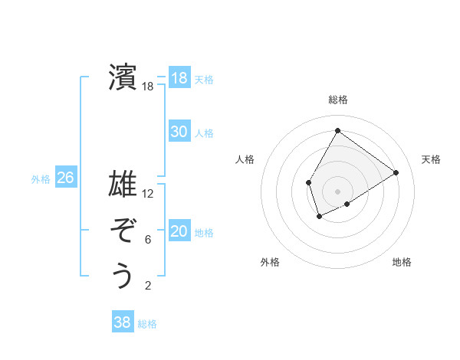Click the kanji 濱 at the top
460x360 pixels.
click(122, 77)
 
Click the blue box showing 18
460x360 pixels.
click(179, 78)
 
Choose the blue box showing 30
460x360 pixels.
click(179, 132)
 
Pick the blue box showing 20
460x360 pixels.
click(179, 231)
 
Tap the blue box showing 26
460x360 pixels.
click(65, 178)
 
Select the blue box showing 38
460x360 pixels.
click(122, 322)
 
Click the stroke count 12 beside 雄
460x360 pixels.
click(148, 194)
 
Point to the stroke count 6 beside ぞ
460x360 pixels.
click(148, 240)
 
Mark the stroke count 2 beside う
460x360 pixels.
click(148, 286)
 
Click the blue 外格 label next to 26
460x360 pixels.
click(41, 179)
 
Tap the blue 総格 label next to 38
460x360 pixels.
click(147, 324)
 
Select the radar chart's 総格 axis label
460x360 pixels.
click(337, 100)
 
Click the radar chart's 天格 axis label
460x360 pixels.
click(432, 159)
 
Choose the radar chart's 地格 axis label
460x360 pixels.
click(402, 262)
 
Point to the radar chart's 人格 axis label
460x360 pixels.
click(245, 159)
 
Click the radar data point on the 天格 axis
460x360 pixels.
click(396, 172)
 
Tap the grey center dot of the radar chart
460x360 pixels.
click(337, 191)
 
